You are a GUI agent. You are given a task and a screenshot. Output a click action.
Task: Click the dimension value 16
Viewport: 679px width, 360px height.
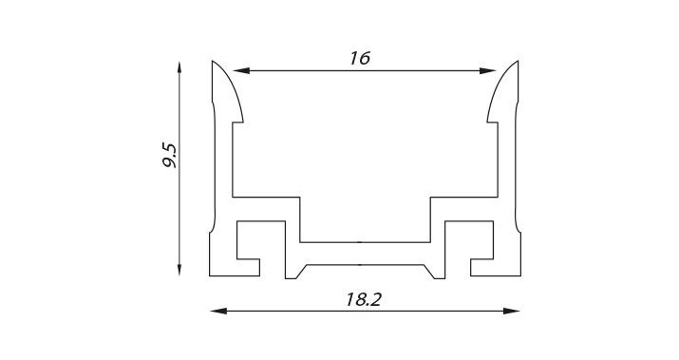pos(360,58)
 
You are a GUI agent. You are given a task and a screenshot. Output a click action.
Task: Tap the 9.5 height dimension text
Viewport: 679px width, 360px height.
pos(169,155)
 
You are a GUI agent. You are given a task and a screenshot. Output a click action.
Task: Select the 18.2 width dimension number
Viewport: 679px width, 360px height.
pos(364,299)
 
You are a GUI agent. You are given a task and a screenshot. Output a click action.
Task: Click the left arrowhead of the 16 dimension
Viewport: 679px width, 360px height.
pos(241,70)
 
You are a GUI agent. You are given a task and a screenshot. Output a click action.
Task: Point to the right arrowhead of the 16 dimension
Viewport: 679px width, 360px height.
pos(487,70)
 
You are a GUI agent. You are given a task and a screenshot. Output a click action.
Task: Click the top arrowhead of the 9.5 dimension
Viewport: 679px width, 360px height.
pos(179,69)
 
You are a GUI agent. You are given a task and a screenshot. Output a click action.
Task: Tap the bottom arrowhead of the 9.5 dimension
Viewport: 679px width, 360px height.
pos(179,267)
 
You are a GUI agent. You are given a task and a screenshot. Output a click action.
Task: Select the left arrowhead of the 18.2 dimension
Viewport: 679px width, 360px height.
pos(218,311)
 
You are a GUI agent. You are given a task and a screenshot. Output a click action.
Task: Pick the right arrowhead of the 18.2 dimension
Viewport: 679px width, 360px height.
pos(511,311)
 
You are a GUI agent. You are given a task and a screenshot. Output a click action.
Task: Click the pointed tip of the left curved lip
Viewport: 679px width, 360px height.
pos(212,61)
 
